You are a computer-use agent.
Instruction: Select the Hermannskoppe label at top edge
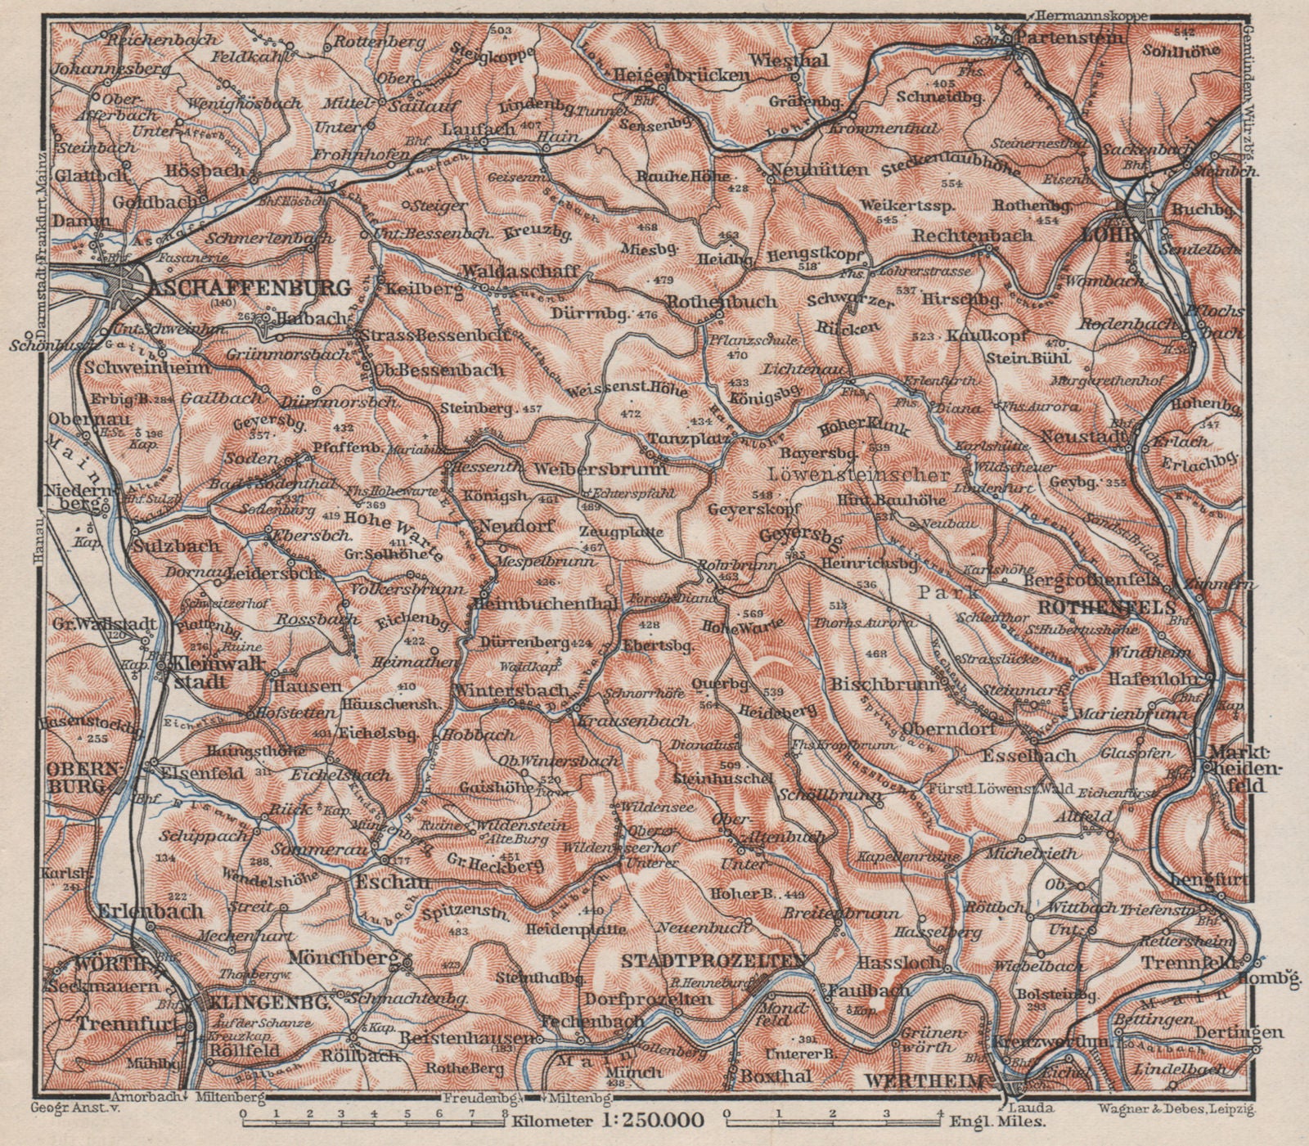[1095, 14]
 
